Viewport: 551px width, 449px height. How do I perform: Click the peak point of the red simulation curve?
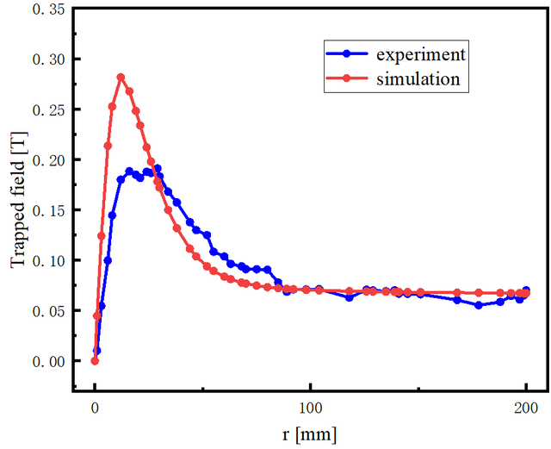[121, 77]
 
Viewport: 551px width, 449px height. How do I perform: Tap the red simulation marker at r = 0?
[96, 360]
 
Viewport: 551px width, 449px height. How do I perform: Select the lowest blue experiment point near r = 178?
[479, 305]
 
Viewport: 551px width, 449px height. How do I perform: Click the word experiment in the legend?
[421, 53]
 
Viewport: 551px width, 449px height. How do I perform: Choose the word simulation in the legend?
[418, 79]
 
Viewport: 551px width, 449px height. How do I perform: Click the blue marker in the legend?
[346, 53]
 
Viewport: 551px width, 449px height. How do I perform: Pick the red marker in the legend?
[346, 79]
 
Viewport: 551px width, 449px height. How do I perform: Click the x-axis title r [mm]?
[309, 433]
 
